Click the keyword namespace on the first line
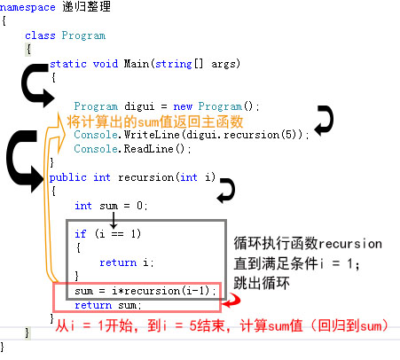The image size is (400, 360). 27,8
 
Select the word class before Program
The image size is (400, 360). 40,35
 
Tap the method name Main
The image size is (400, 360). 137,64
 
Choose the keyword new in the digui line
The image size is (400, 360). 183,106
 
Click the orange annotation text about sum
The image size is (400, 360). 155,121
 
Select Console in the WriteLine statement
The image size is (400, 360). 96,135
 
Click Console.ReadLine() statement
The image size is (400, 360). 132,149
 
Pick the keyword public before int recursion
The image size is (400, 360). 68,177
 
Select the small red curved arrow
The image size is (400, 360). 233,301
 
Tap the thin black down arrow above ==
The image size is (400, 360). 114,220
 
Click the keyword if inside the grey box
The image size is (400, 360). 80,234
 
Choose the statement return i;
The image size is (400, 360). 127,262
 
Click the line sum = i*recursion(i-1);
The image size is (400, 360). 145,291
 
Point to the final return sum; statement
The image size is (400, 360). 108,305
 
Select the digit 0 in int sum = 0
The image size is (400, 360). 140,206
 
